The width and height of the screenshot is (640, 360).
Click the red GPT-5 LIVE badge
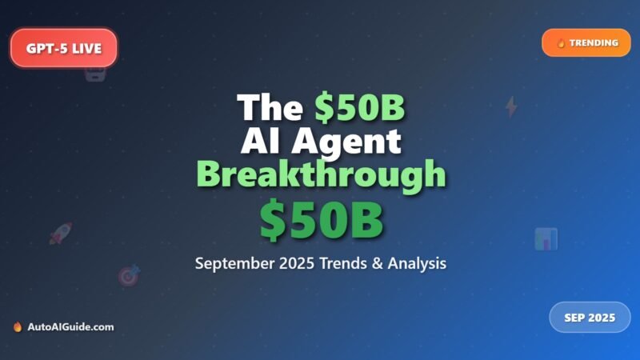(x=64, y=48)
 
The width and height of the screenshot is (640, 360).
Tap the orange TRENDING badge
(x=586, y=42)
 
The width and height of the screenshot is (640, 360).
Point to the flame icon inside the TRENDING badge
(x=561, y=43)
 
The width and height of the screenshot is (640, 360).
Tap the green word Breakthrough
(x=321, y=174)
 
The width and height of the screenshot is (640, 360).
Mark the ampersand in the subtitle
(x=390, y=262)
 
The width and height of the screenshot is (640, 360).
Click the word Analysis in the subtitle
(x=423, y=262)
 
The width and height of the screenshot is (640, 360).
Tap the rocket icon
(x=61, y=233)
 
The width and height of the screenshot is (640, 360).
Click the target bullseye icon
(x=129, y=275)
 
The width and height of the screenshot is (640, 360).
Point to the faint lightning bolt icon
(x=511, y=106)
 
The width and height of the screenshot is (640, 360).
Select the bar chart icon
(x=546, y=238)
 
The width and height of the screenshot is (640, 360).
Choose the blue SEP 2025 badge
(x=590, y=318)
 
